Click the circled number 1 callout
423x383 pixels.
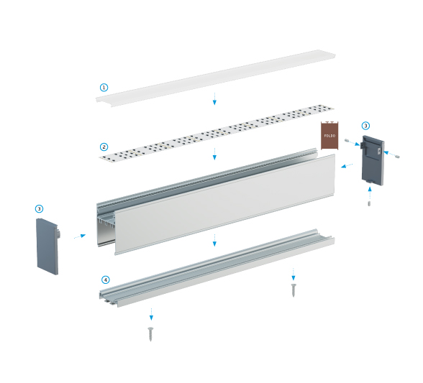pyautogui.click(x=104, y=88)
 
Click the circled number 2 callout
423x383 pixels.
pyautogui.click(x=104, y=147)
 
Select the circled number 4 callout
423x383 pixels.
pyautogui.click(x=106, y=280)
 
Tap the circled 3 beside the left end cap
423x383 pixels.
pyautogui.click(x=39, y=208)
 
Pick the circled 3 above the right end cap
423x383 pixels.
pyautogui.click(x=365, y=126)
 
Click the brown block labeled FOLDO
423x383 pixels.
pyautogui.click(x=329, y=135)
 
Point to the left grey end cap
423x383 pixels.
pyautogui.click(x=47, y=246)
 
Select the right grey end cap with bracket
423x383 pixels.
pyautogui.click(x=373, y=160)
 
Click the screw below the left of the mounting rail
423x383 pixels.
pyautogui.click(x=150, y=333)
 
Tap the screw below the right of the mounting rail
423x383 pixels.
pyautogui.click(x=294, y=290)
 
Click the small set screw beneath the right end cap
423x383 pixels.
pyautogui.click(x=369, y=203)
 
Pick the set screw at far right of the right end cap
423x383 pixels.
pyautogui.click(x=397, y=156)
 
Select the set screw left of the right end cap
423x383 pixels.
pyautogui.click(x=347, y=141)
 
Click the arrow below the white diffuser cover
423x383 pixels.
pyautogui.click(x=214, y=98)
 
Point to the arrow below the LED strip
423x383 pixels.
pyautogui.click(x=214, y=154)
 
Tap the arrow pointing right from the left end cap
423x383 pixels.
pyautogui.click(x=80, y=236)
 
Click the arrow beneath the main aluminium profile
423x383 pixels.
pyautogui.click(x=214, y=240)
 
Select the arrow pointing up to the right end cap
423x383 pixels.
pyautogui.click(x=370, y=193)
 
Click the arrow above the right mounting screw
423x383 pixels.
pyautogui.click(x=294, y=274)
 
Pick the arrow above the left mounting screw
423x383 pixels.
pyautogui.click(x=151, y=314)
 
